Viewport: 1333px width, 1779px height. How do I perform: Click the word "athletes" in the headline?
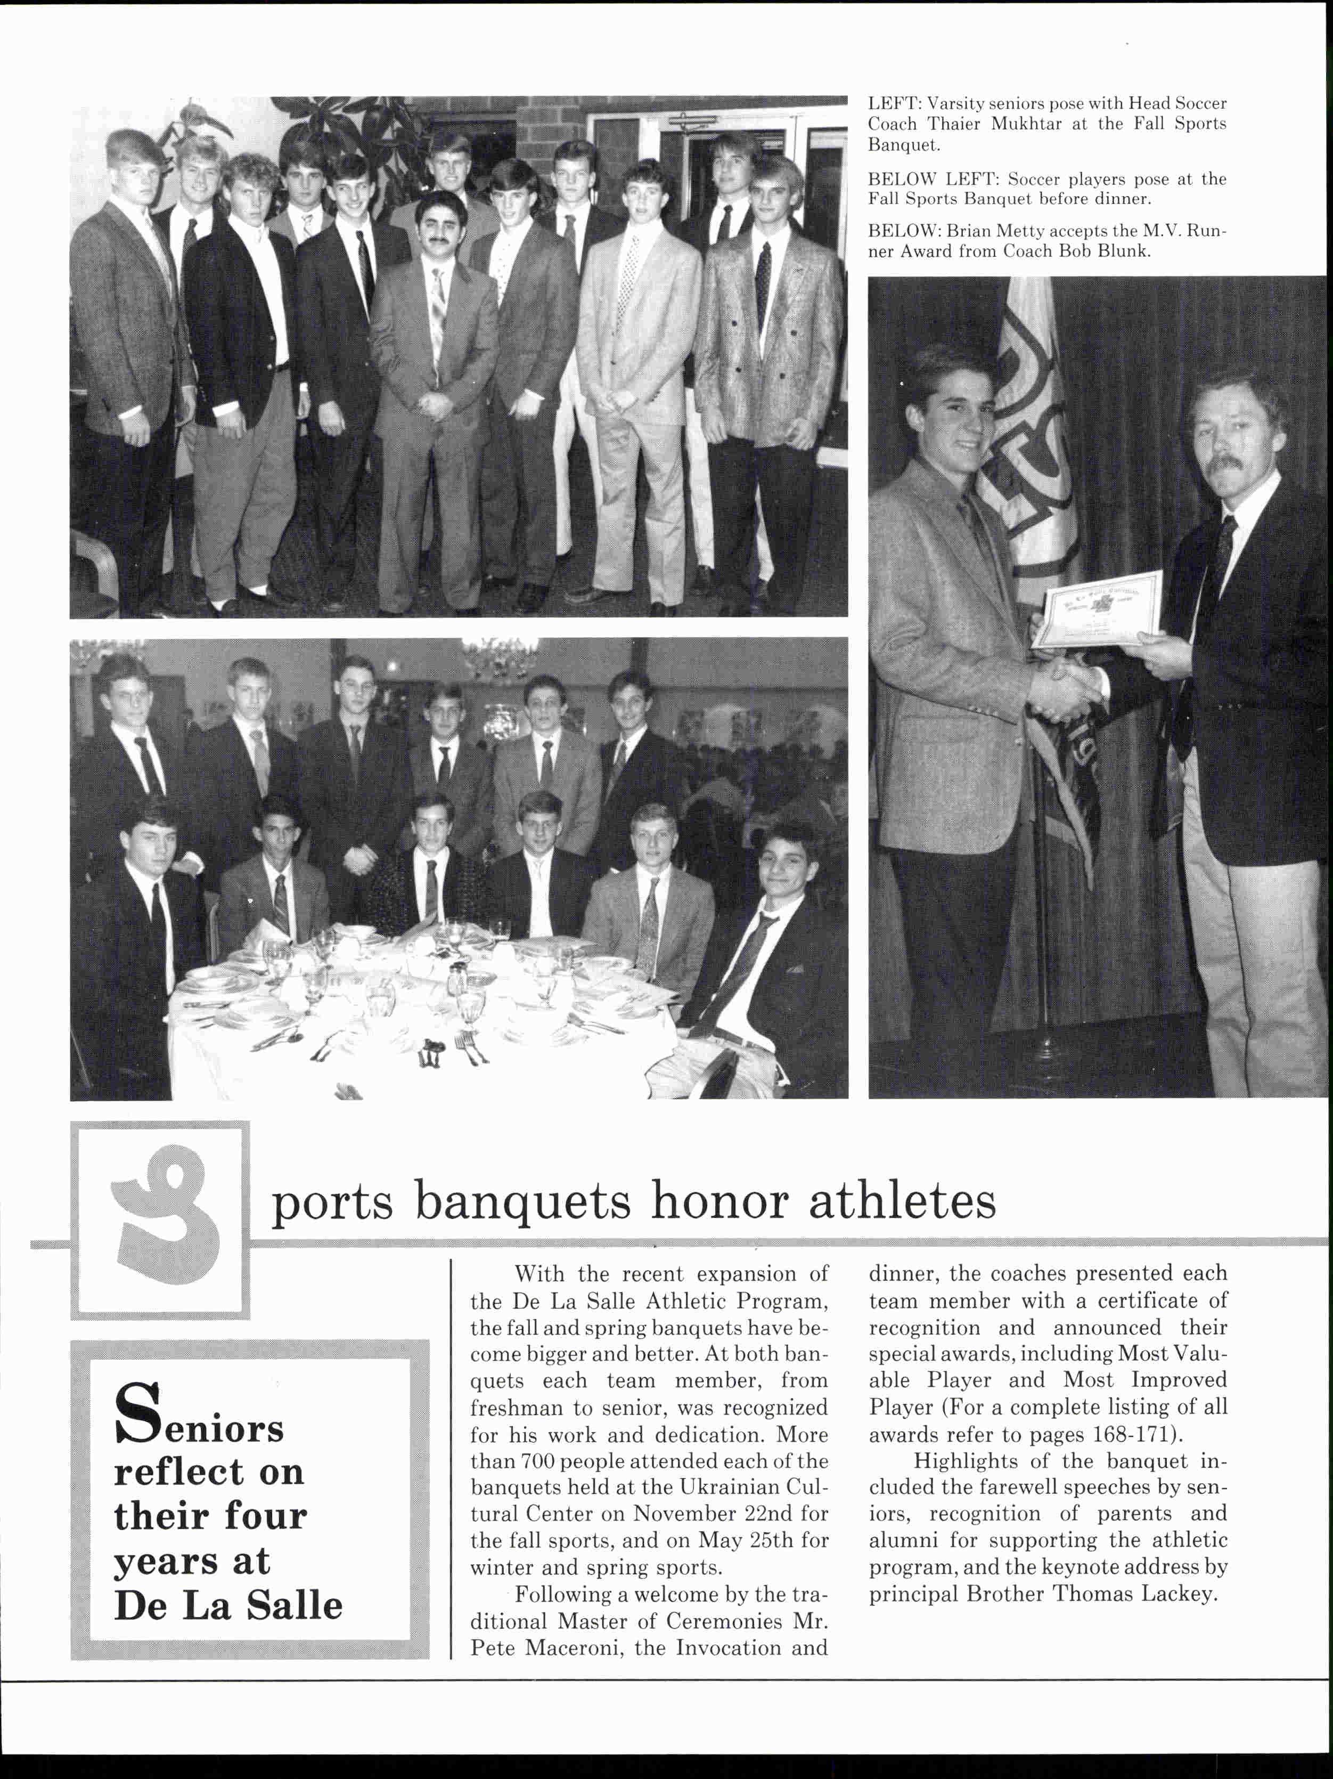tap(902, 1201)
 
